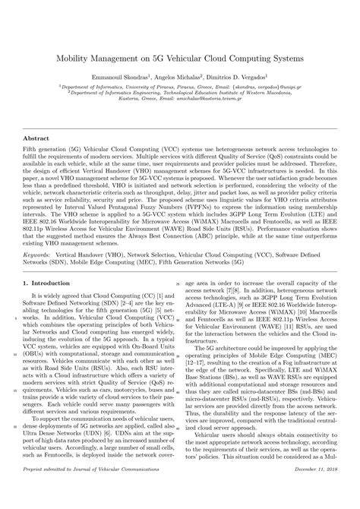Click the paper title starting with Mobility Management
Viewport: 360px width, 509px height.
click(x=180, y=57)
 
